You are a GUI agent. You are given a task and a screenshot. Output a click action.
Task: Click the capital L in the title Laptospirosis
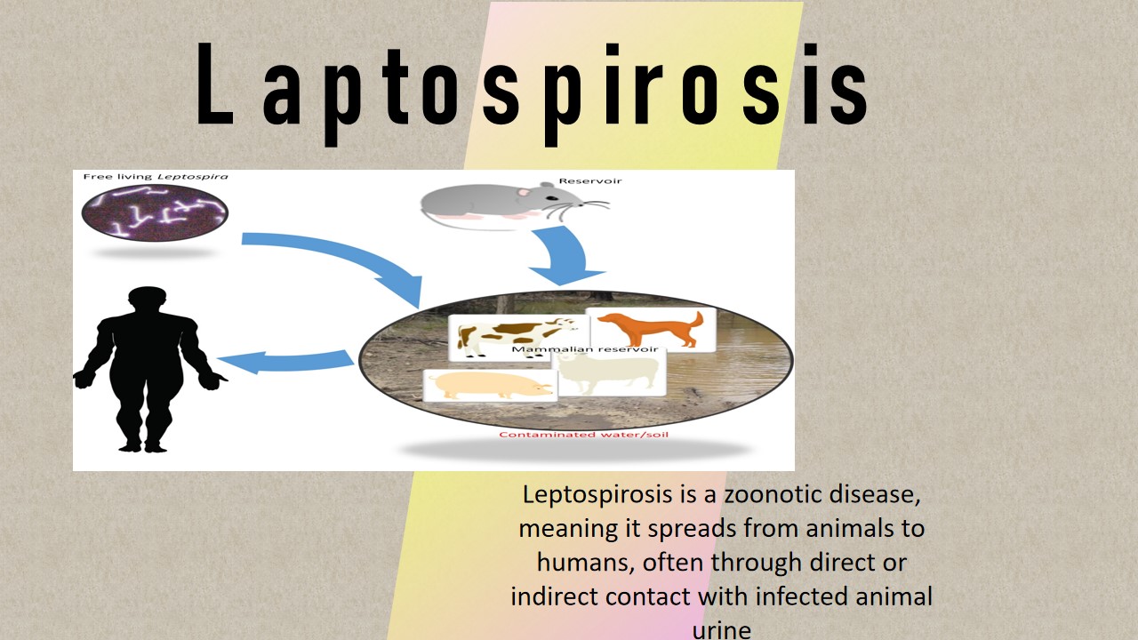click(215, 84)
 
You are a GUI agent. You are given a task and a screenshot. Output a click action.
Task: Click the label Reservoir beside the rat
click(589, 180)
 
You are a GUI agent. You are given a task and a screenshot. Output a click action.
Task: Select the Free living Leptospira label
click(156, 177)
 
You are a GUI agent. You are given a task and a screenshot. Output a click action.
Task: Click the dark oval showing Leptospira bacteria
click(155, 212)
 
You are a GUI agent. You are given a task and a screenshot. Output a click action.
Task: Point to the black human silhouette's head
click(148, 300)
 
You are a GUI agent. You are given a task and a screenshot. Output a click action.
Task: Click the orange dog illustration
click(651, 329)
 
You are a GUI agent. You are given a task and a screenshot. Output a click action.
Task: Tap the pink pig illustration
click(490, 386)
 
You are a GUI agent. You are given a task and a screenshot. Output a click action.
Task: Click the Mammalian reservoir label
click(585, 349)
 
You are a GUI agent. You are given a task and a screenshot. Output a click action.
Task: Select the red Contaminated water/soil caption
click(583, 435)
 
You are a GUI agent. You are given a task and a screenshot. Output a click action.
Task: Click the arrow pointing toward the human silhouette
click(285, 362)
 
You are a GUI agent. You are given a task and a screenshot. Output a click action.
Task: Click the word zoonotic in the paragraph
click(773, 494)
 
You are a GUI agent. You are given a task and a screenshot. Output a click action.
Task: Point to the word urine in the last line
click(721, 630)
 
